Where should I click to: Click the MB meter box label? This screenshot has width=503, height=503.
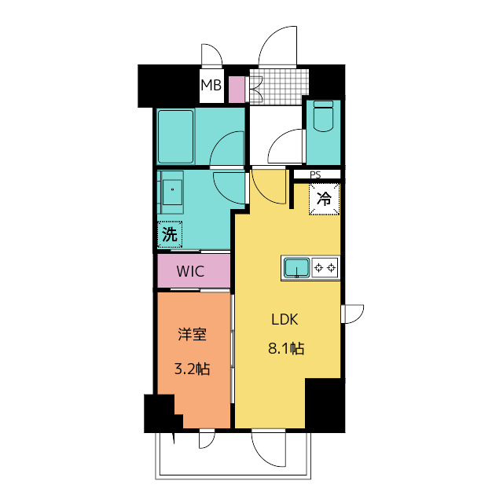pos(211,86)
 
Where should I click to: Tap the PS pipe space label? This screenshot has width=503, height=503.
pos(315,174)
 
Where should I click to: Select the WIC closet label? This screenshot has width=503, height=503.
pos(190,271)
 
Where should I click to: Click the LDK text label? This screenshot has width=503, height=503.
pos(285,320)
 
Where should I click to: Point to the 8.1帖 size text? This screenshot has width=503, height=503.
pos(286,348)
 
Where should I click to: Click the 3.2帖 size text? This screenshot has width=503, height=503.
pos(192,369)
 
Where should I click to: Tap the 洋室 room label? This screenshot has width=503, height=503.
pos(192,334)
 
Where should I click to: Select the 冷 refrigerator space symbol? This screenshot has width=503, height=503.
pos(324,199)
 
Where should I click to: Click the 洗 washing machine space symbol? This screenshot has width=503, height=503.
pos(170,234)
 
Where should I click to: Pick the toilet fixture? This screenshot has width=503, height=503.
pos(323,116)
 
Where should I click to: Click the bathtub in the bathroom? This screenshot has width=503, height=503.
pos(175,137)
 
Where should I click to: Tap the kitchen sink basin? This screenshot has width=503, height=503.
pos(297,268)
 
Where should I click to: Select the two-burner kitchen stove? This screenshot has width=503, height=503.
pos(325,267)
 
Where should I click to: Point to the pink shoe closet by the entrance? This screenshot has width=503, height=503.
pos(237,90)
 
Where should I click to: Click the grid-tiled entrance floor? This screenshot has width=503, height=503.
pos(279,87)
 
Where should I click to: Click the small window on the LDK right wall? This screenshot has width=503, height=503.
pos(352,314)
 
